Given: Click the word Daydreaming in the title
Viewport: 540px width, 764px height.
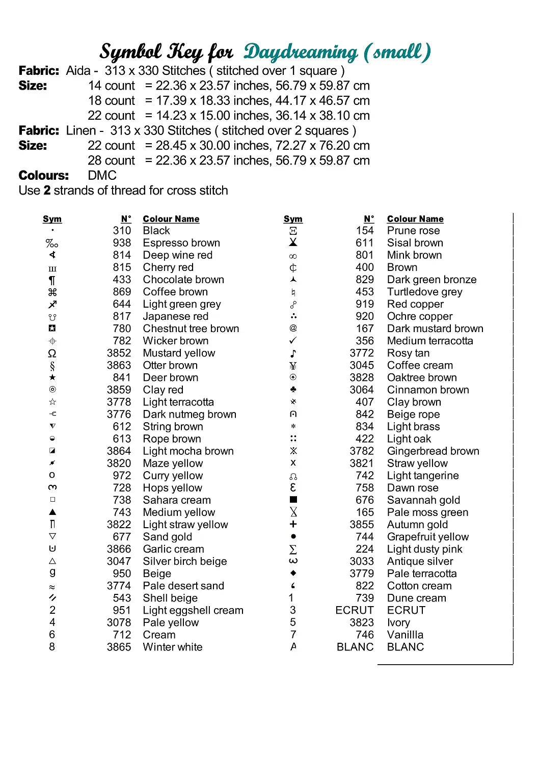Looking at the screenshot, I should click(301, 52).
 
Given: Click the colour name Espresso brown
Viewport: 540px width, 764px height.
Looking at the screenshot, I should click(181, 243).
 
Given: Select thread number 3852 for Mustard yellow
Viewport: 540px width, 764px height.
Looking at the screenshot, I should click(119, 353).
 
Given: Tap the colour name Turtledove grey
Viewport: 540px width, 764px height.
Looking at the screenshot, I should click(424, 292).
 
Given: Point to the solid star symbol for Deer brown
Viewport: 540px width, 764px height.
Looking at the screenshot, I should click(52, 377).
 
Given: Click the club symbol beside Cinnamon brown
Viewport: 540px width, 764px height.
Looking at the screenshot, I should click(293, 390).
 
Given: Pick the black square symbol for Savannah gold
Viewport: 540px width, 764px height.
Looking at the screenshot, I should click(293, 500).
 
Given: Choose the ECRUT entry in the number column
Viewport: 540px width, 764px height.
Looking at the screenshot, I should click(354, 610).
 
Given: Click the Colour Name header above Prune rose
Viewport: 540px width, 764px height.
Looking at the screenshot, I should click(415, 219).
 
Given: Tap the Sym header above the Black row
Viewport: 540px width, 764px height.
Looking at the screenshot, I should click(52, 219).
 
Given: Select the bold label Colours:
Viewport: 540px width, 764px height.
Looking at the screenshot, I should click(43, 176).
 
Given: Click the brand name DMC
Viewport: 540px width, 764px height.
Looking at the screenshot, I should click(102, 176).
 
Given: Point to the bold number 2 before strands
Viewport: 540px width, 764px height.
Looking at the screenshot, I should click(47, 190).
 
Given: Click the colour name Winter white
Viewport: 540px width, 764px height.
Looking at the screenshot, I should click(173, 647).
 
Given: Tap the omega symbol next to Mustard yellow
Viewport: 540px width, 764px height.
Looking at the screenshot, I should click(52, 353).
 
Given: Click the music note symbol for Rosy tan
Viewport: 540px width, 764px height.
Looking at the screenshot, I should click(293, 353).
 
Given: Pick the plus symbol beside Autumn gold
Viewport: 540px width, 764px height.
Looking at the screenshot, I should click(293, 524).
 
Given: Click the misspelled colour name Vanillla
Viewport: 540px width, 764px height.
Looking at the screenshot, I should click(405, 635).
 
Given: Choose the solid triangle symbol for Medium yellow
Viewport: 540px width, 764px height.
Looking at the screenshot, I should click(52, 512).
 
